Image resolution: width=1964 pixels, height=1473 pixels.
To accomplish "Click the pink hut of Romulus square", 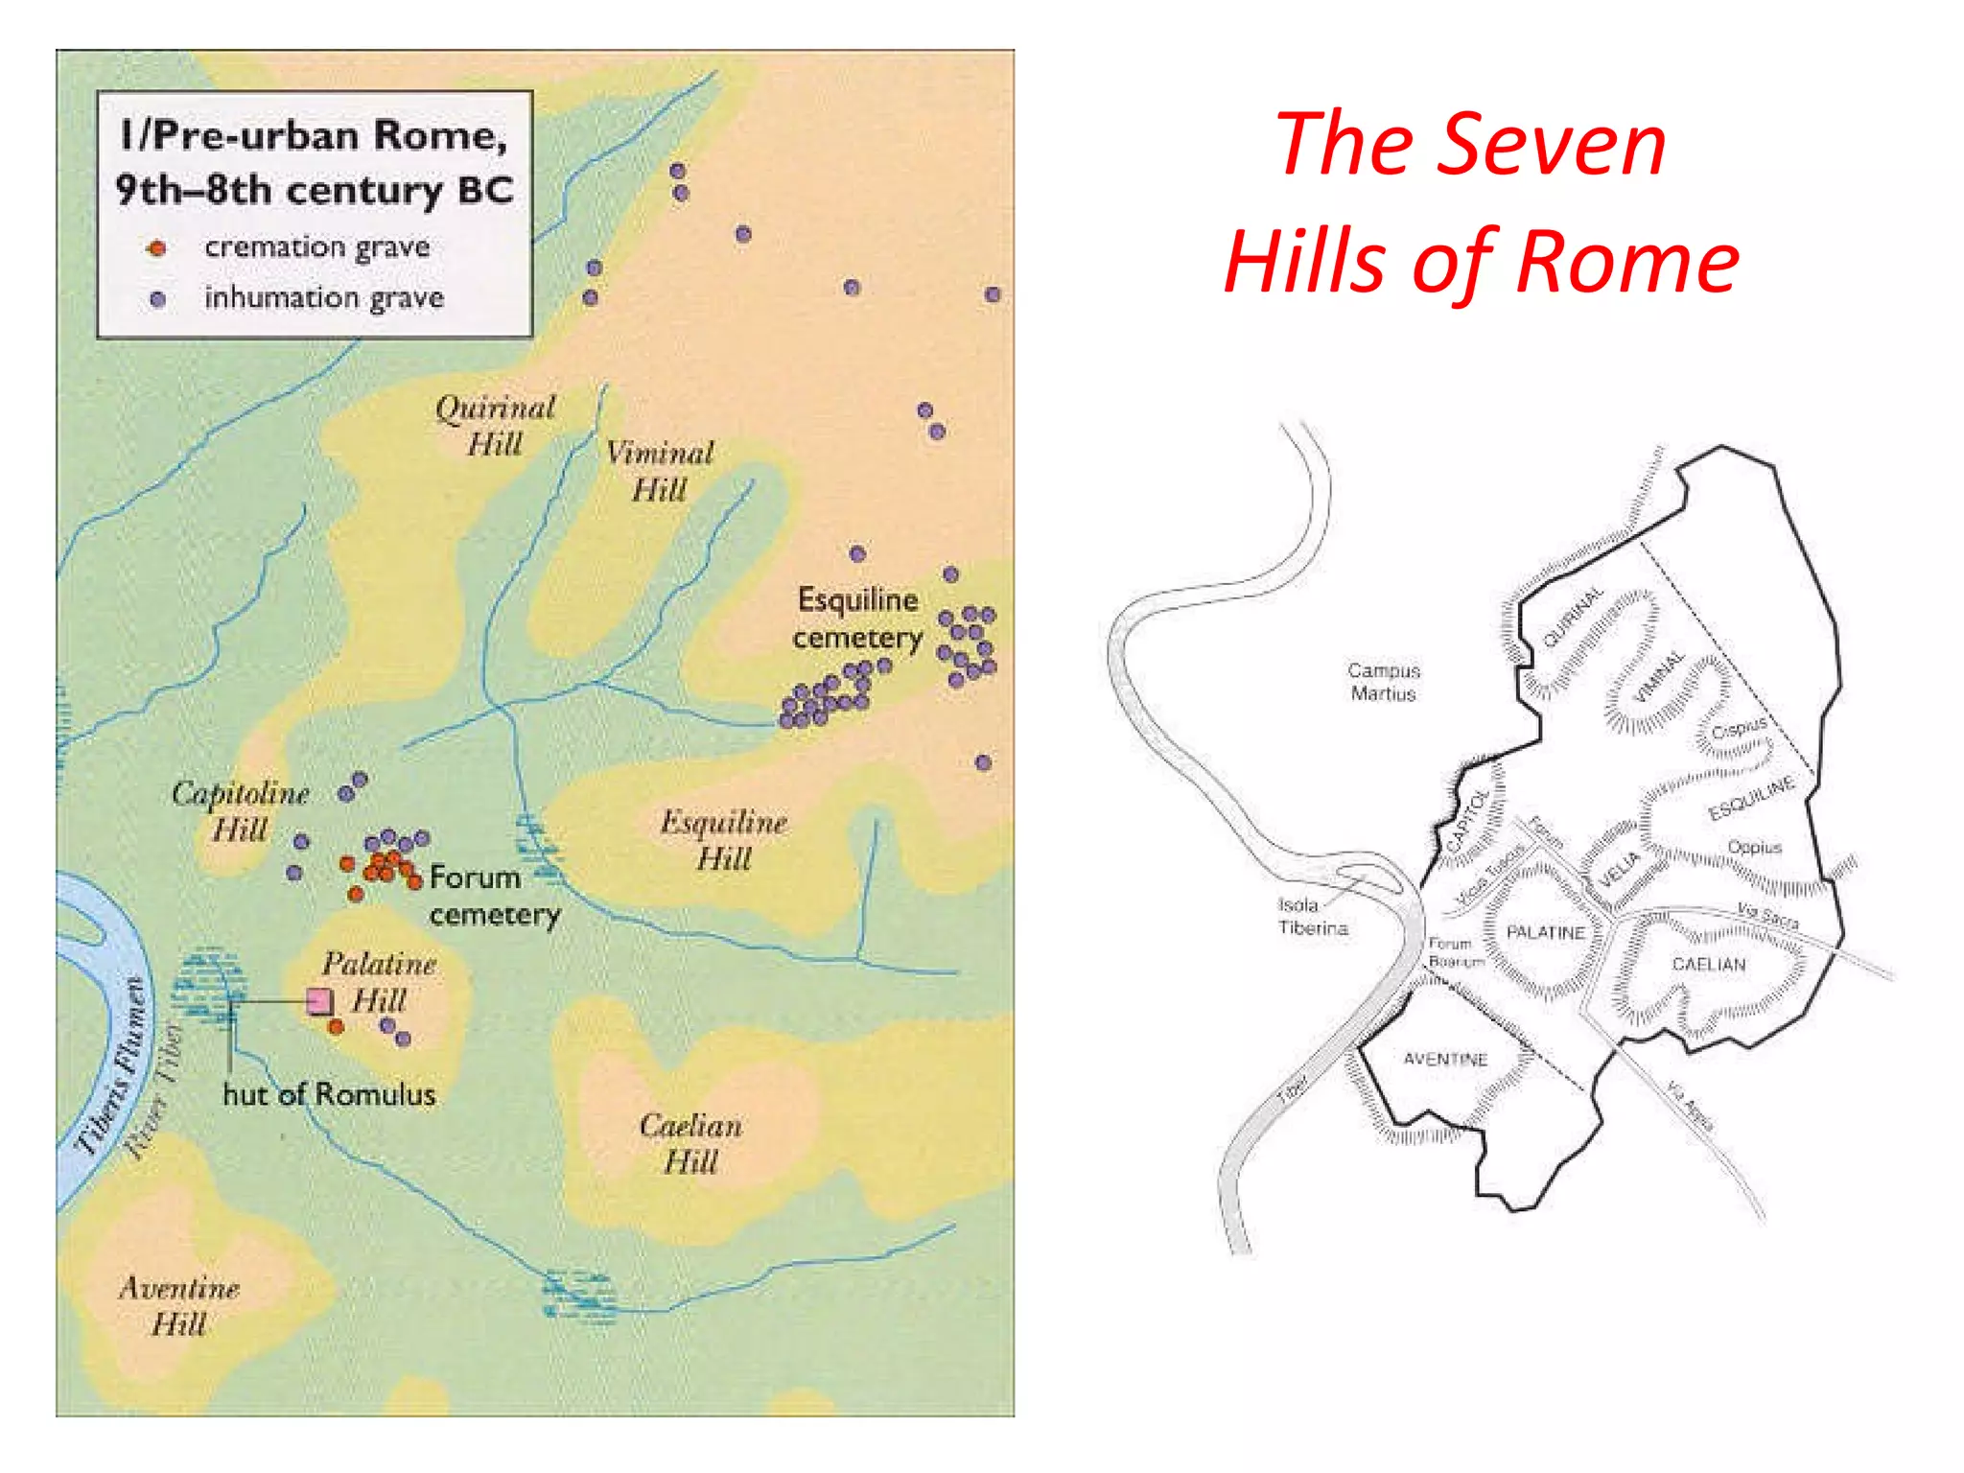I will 319,1002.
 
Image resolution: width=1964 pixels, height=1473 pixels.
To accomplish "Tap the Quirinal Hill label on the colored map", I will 495,426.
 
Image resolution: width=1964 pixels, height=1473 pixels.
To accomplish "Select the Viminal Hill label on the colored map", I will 660,471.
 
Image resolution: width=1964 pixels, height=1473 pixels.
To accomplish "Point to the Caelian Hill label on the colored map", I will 690,1143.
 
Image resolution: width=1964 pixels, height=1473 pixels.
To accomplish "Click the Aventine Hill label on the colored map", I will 178,1305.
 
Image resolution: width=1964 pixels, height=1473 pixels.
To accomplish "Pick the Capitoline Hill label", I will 240,810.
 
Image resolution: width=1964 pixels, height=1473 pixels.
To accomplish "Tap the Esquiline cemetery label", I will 857,619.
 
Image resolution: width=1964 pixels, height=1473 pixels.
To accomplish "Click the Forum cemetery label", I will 493,896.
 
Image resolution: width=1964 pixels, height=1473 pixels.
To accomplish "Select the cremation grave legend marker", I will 156,249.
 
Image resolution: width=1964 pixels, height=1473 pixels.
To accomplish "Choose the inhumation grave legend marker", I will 158,299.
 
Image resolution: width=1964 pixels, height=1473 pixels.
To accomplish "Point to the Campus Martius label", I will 1383,682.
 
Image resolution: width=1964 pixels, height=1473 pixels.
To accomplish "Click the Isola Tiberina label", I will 1312,917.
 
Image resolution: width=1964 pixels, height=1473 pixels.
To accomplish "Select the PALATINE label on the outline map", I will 1545,932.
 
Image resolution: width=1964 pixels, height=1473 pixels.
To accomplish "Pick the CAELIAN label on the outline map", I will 1708,964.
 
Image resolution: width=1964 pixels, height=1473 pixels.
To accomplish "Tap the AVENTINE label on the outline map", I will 1444,1059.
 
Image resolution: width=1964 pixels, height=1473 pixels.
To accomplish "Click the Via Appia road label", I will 1690,1106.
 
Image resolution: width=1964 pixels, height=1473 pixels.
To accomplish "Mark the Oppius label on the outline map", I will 1754,848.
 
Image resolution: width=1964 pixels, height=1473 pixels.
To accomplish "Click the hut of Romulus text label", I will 329,1094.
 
